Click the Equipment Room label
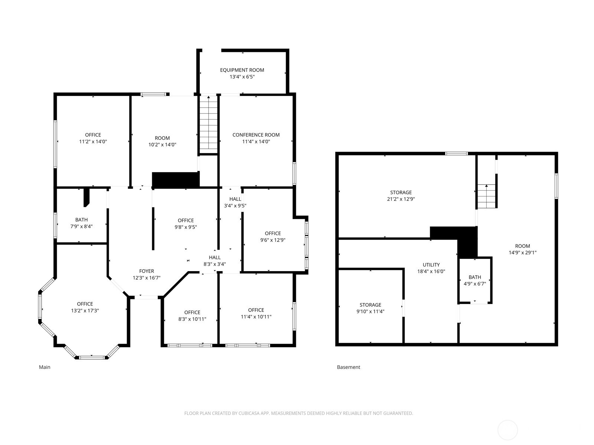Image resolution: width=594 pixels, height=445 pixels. point(242,70)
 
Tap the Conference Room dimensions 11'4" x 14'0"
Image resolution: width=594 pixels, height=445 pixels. point(256,142)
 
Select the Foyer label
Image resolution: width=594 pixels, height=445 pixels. point(146,271)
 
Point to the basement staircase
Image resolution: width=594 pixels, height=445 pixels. point(487,196)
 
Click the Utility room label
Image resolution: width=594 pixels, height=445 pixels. point(431,265)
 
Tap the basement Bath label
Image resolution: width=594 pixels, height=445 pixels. point(475,277)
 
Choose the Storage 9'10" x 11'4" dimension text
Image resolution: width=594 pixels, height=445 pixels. point(370,311)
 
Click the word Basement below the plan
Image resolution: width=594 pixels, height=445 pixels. point(349,367)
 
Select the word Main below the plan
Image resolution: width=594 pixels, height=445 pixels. point(45,367)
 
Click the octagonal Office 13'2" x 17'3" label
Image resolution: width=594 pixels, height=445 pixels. point(85,307)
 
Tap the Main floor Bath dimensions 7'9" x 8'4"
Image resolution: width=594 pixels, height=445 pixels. point(81,227)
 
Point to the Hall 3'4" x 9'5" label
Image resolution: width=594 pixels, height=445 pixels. point(235,202)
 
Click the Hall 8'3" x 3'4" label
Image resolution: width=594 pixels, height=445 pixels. point(215,261)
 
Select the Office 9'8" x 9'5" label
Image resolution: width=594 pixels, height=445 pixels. point(186,224)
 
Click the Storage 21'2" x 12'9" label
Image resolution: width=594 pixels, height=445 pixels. point(401,196)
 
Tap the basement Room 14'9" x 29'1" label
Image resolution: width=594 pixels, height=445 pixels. point(522,249)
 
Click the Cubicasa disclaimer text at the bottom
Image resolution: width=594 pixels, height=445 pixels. point(298,413)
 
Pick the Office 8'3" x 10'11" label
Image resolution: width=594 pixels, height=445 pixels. point(192,316)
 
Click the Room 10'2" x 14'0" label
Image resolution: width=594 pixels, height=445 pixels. point(162,141)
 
